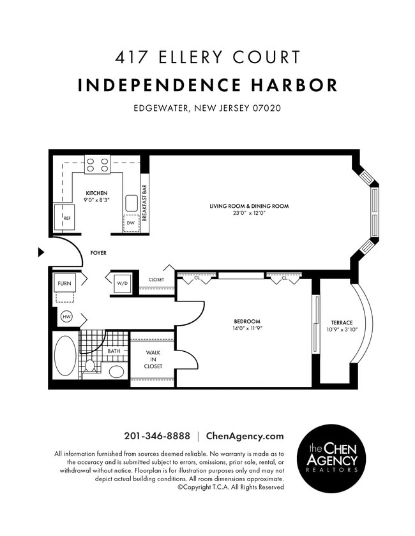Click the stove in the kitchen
(97, 164)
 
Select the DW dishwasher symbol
(131, 223)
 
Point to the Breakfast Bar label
(145, 203)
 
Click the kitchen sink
(132, 203)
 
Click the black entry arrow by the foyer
(41, 252)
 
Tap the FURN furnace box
(64, 283)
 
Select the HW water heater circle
(66, 316)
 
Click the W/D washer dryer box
(122, 283)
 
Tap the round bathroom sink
(117, 371)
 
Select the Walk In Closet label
(153, 359)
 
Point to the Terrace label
(342, 322)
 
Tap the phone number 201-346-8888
(157, 437)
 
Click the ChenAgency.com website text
(245, 437)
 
